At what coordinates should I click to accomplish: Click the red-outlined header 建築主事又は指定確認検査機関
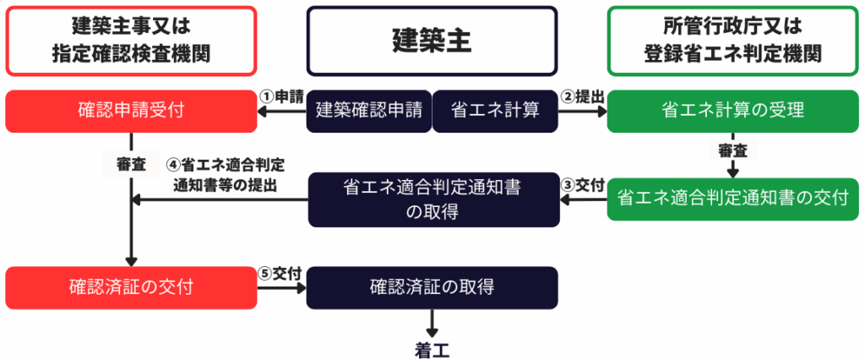tap(131, 41)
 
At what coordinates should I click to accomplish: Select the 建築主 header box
tap(432, 40)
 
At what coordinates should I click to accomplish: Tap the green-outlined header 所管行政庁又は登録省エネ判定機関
tap(732, 41)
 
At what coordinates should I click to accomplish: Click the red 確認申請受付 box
tap(131, 111)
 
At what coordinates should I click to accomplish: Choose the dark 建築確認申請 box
tap(368, 111)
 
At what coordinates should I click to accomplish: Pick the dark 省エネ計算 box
tap(495, 111)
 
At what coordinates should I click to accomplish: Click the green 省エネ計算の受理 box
tap(732, 111)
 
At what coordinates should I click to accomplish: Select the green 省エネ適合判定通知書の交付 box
tap(732, 199)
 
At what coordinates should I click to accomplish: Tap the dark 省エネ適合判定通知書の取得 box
tap(432, 199)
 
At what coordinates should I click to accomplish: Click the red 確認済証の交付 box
tap(131, 287)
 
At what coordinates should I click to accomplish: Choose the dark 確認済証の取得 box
tap(432, 287)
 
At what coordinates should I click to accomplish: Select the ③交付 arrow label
tap(583, 186)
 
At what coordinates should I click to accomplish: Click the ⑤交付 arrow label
tap(281, 274)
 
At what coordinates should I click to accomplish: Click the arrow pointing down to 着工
tap(432, 323)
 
